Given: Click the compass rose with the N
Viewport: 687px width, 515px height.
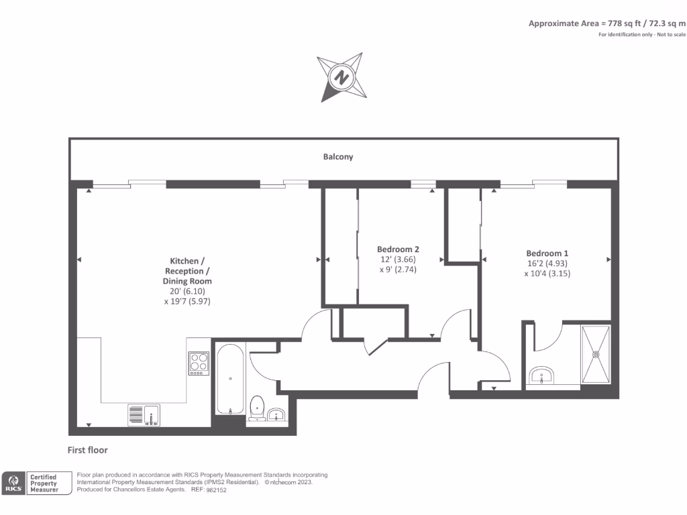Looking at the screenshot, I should click(343, 77).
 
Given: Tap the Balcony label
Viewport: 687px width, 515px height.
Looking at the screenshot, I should click(338, 157).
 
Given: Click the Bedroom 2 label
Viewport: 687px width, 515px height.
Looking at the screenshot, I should click(398, 249).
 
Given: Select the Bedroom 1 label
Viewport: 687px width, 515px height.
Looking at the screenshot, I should click(547, 253).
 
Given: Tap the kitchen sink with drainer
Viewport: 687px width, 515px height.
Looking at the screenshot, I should click(144, 415).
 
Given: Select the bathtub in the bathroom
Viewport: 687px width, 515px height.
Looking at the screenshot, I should click(229, 380).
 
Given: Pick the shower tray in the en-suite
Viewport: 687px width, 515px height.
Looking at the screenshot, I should click(596, 355).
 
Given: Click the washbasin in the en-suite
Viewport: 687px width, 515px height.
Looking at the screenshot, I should click(541, 376).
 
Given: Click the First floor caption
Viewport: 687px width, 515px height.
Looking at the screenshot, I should click(88, 450).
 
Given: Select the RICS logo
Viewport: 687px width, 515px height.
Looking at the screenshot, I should click(13, 483).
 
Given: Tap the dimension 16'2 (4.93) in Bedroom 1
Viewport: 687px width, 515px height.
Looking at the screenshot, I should click(547, 264).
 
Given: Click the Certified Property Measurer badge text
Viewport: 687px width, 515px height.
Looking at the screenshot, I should click(44, 483).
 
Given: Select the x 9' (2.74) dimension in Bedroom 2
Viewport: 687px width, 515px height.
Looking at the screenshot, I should click(398, 269).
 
